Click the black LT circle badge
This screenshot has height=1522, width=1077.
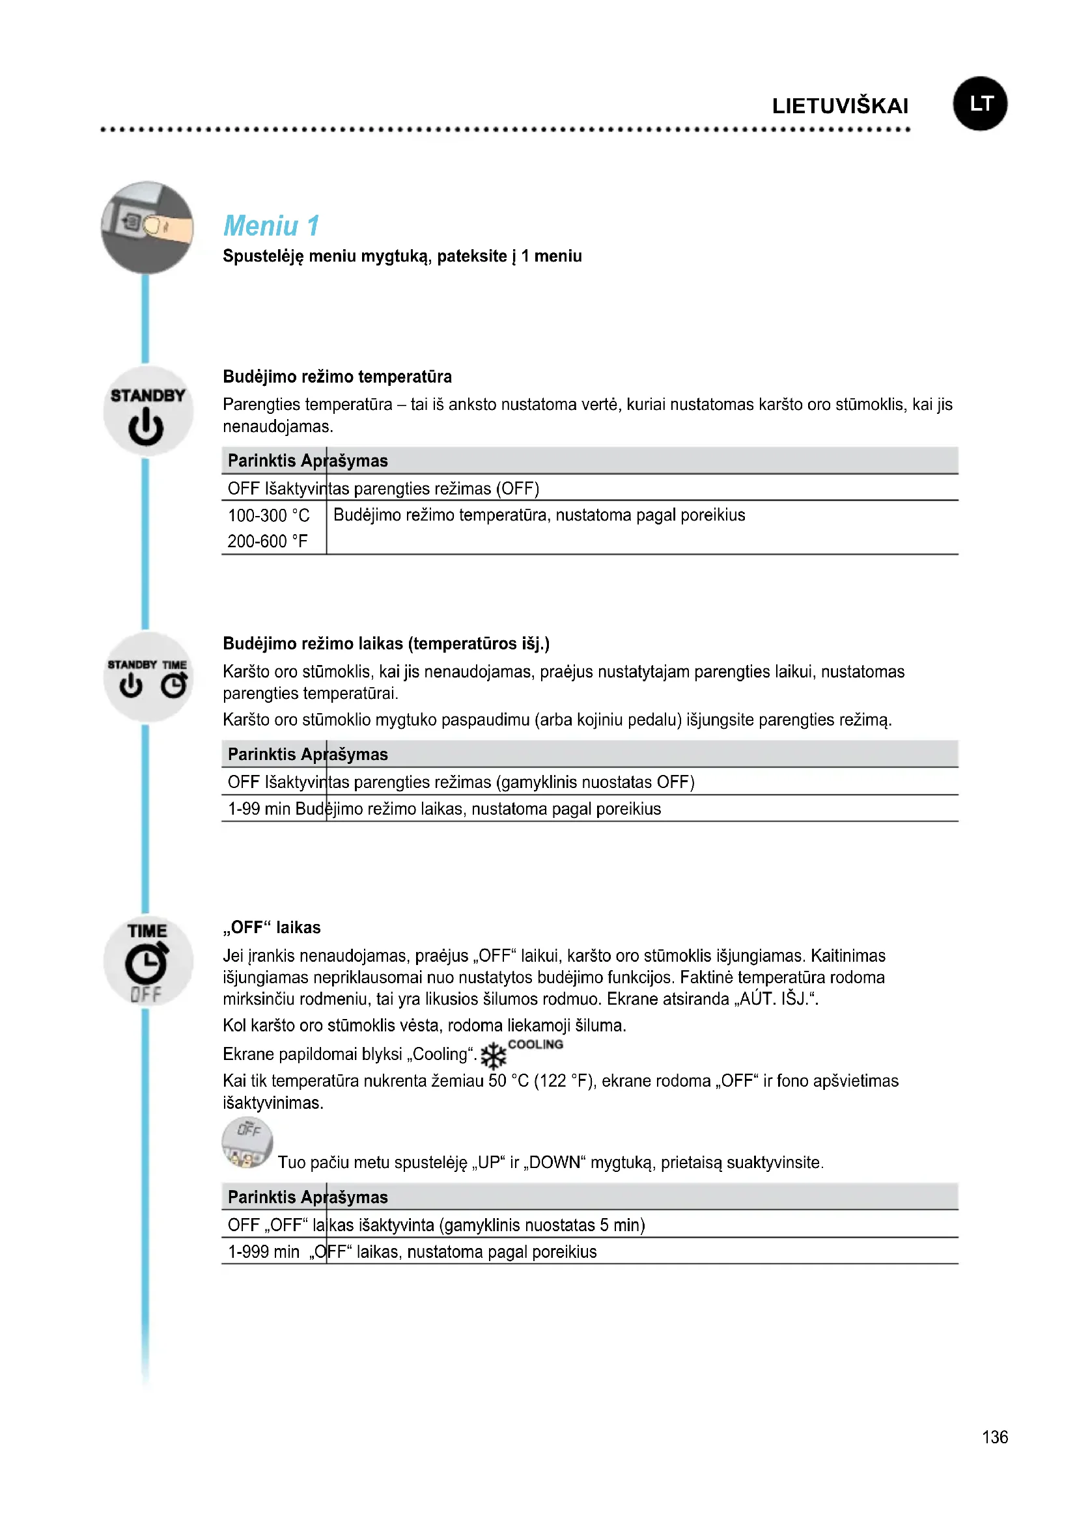click(x=979, y=103)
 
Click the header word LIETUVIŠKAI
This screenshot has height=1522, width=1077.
click(x=839, y=106)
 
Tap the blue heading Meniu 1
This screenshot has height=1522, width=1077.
click(x=272, y=226)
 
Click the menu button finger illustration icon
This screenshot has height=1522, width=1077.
click(x=147, y=227)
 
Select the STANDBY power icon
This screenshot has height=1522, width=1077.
click(x=147, y=412)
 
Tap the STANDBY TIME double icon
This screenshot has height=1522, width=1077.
click(x=147, y=677)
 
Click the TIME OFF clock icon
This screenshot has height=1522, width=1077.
click(x=147, y=961)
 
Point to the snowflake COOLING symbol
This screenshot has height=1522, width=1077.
click(x=494, y=1055)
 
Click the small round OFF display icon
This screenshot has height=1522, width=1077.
click(x=247, y=1142)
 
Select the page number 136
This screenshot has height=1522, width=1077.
click(x=994, y=1437)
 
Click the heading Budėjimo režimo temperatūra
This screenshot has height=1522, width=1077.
click(x=337, y=377)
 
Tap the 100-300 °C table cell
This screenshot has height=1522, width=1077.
click(x=268, y=515)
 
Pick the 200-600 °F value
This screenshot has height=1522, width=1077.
click(x=267, y=541)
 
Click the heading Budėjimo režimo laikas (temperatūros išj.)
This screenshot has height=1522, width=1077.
click(x=386, y=644)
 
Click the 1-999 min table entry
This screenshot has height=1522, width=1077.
click(x=263, y=1251)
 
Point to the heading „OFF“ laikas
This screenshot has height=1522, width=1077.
click(x=272, y=927)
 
